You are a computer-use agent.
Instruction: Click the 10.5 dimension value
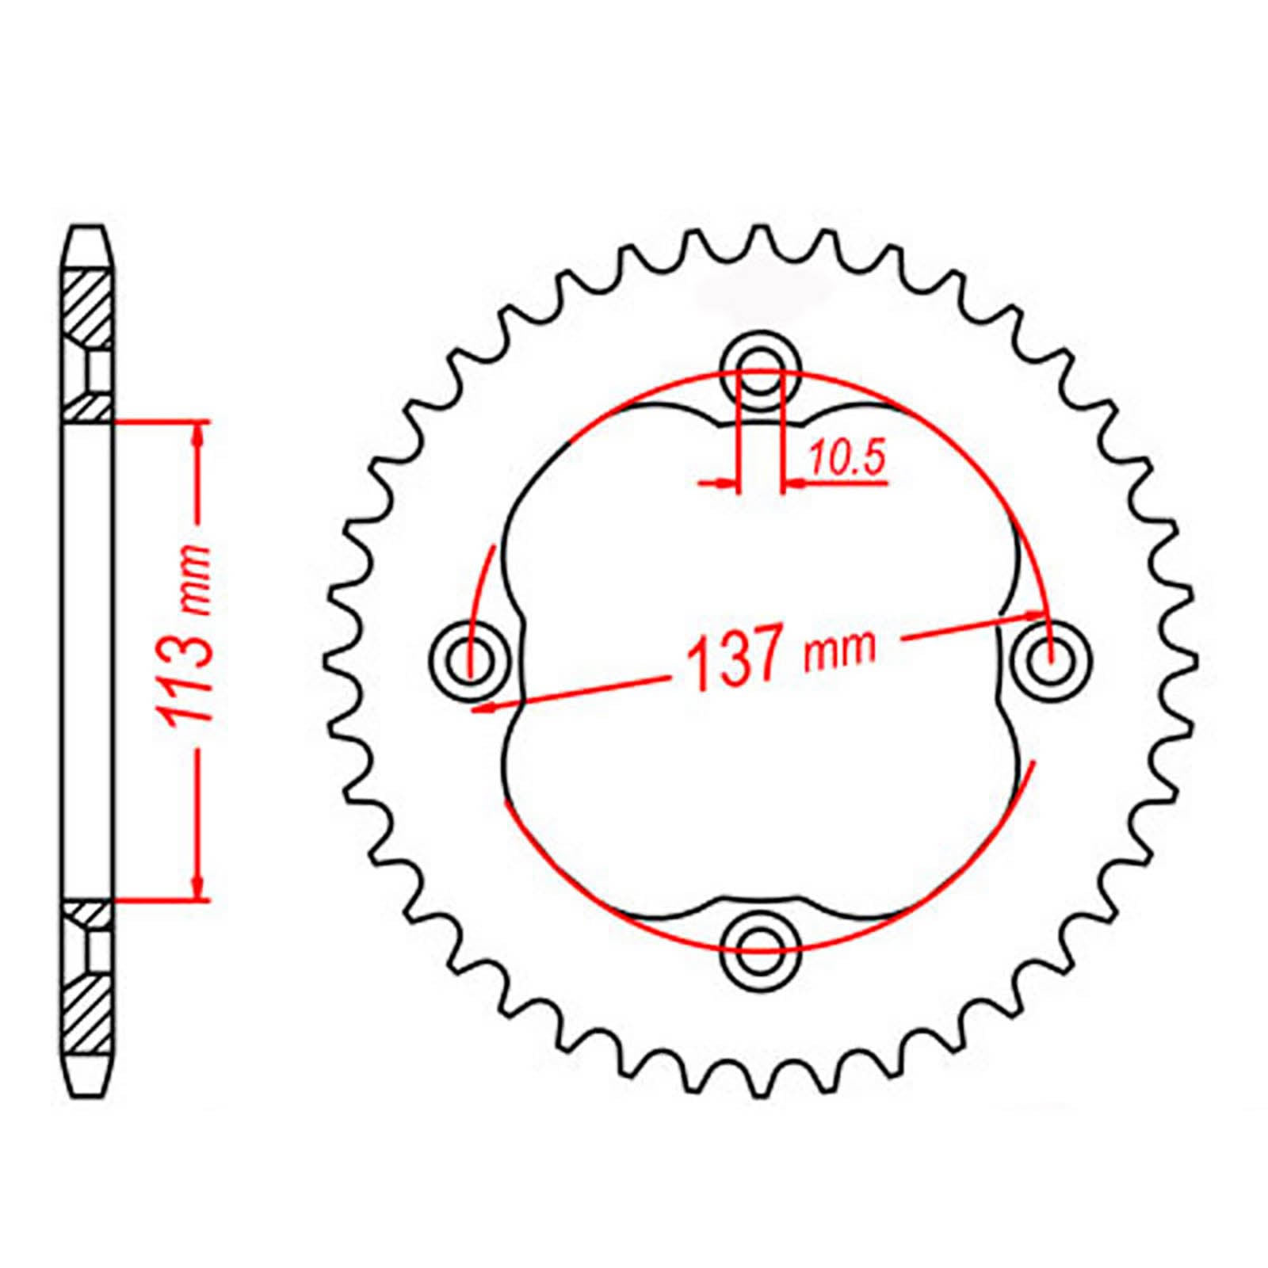[846, 460]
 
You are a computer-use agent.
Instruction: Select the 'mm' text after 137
[840, 648]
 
